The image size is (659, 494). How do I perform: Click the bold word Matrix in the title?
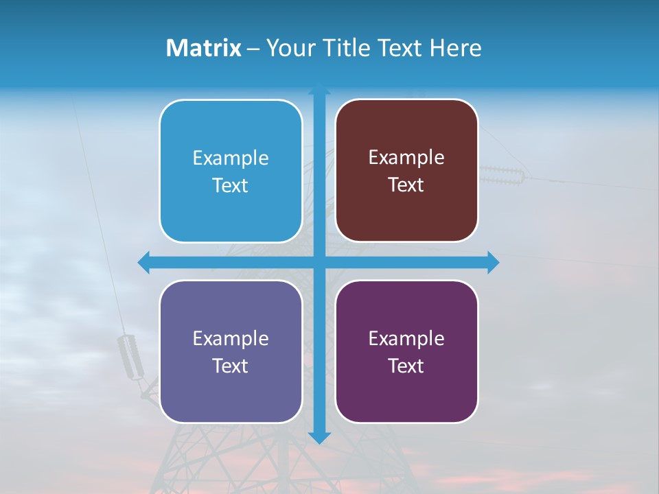(x=204, y=48)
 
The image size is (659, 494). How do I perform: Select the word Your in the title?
(x=288, y=48)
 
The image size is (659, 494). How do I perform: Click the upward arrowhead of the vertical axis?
(x=319, y=89)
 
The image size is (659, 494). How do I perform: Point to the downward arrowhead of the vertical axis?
(x=319, y=437)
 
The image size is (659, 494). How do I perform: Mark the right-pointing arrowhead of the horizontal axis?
(x=492, y=262)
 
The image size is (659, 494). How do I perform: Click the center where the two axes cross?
(x=319, y=262)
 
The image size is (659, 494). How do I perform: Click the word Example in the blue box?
(x=231, y=158)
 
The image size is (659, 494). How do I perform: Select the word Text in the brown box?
(x=406, y=185)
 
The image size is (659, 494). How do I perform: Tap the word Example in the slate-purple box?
(x=231, y=338)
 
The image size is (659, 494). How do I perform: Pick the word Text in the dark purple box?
(x=406, y=366)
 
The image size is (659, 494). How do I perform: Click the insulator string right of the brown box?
(x=501, y=175)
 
